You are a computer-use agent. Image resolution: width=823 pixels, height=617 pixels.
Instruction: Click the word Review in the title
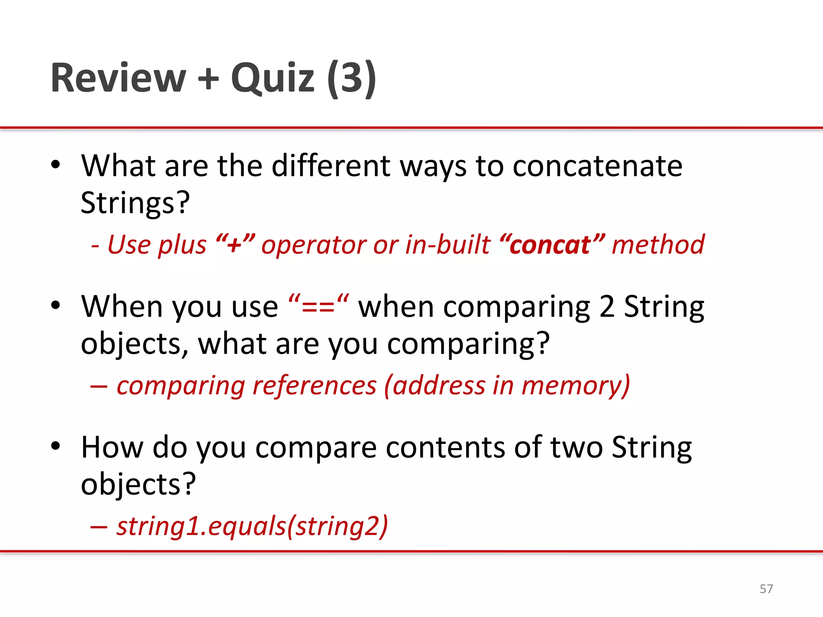118,78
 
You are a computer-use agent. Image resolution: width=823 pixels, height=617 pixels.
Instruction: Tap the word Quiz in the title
272,78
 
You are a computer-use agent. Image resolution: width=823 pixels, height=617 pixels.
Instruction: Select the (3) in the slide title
352,78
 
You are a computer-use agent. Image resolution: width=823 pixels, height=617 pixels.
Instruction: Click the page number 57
766,589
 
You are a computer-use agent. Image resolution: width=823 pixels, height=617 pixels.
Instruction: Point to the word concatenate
597,166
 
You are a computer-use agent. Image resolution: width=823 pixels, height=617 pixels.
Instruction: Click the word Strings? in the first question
135,203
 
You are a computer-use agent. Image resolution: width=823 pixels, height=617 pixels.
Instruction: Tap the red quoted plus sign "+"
235,245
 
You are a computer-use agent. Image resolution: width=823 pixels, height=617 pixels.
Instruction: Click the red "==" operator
318,307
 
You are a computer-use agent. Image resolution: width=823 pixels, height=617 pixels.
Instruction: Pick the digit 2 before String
607,307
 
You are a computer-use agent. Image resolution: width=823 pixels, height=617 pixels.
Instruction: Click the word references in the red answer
314,386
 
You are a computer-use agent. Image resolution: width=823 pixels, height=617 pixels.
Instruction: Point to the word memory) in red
575,386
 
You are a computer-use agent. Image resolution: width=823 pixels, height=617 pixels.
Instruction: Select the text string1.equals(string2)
252,526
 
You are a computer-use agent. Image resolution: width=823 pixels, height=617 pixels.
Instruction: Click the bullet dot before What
55,165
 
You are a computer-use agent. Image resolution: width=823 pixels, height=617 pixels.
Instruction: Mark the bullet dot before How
55,446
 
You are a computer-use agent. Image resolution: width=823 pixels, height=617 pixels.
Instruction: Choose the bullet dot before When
55,305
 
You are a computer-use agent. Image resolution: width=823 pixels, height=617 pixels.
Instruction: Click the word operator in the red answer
313,245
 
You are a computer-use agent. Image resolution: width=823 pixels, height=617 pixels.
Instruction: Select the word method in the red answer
658,245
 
